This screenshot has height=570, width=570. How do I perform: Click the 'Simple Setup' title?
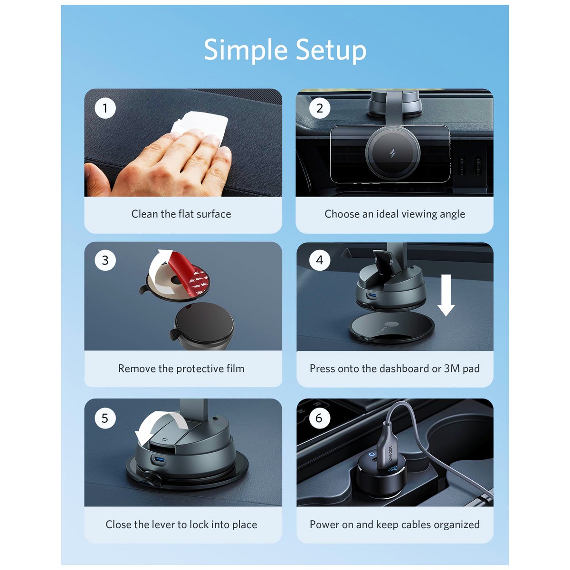[285, 50]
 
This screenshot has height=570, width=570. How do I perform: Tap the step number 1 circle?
[105, 108]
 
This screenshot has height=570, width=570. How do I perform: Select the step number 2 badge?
[320, 108]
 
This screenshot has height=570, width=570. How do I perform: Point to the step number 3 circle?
[105, 260]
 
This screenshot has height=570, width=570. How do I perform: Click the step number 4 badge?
[320, 260]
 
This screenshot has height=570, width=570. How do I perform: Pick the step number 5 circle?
[105, 418]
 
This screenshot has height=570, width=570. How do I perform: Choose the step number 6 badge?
[319, 418]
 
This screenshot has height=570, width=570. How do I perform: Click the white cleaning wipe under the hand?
[201, 124]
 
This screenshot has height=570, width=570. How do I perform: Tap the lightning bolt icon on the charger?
[392, 154]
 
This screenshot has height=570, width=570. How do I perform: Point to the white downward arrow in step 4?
[446, 295]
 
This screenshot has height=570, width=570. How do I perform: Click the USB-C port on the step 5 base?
[159, 460]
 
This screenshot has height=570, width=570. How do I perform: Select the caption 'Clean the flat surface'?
[181, 214]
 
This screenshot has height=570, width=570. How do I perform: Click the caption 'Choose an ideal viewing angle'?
[395, 214]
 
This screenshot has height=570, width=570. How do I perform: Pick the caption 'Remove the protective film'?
[181, 369]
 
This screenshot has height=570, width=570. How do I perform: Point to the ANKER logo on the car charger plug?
[391, 455]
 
